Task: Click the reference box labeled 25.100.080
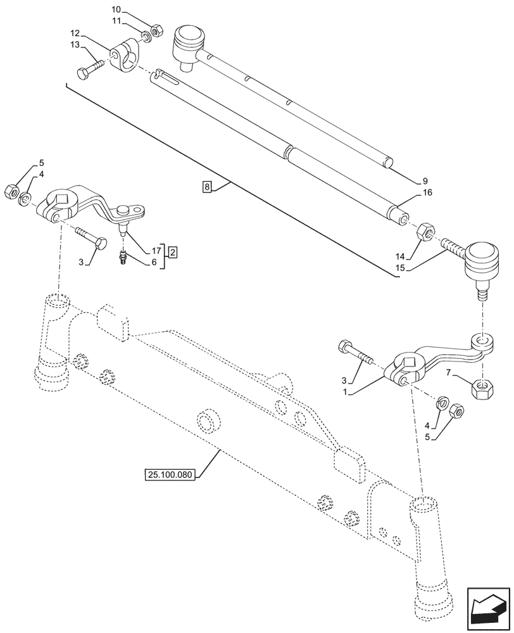(172, 473)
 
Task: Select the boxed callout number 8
(206, 186)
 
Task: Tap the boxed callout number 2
(172, 252)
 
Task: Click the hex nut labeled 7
(484, 387)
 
